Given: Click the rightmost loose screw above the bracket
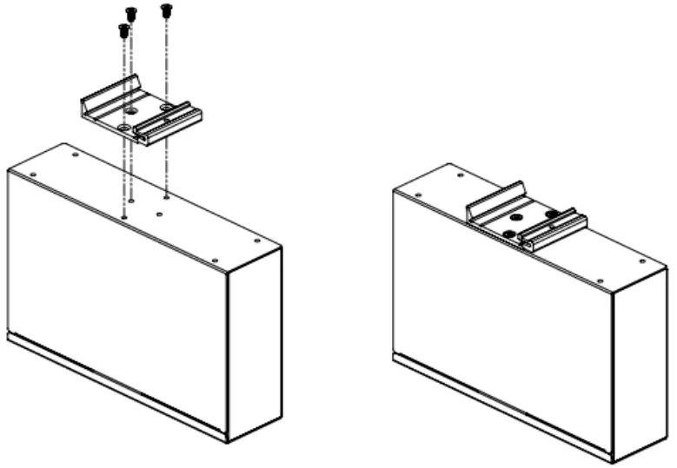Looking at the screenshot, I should click(x=166, y=10).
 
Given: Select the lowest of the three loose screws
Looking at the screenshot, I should click(x=123, y=31).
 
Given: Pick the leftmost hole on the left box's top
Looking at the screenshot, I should click(x=33, y=174).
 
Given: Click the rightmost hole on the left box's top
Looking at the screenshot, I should click(x=256, y=241).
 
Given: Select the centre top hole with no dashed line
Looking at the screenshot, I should click(x=159, y=213).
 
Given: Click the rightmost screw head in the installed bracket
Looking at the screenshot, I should click(x=551, y=214).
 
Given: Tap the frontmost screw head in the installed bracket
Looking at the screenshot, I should click(x=509, y=234).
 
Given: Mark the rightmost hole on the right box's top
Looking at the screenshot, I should click(x=642, y=260).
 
